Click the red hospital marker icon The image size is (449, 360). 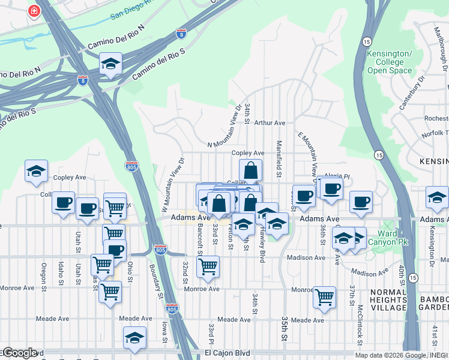(x=34, y=11)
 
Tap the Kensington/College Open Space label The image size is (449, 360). (x=390, y=62)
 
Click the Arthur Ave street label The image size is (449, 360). (x=270, y=122)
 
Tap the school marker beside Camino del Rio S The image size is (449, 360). (x=110, y=64)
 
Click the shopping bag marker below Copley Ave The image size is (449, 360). (x=250, y=170)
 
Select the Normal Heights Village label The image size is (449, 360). (x=391, y=300)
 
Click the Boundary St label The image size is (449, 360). (x=159, y=281)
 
